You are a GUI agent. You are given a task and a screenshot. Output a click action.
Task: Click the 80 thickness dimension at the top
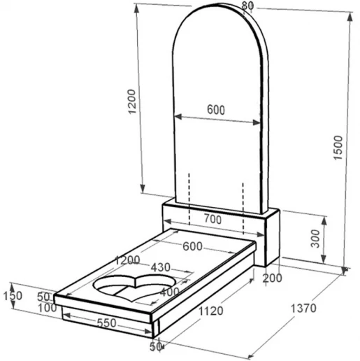[247, 6]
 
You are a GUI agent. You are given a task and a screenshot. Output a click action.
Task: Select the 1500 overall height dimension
[338, 148]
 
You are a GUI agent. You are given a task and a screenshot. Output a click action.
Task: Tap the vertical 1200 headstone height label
[132, 101]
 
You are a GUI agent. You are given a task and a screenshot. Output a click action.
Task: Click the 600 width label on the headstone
[216, 110]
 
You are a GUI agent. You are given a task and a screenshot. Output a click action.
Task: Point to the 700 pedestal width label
[213, 219]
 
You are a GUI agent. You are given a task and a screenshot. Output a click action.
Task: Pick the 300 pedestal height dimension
[315, 239]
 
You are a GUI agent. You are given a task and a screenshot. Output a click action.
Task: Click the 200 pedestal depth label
[272, 278]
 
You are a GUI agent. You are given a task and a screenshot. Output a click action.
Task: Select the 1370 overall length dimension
[303, 309]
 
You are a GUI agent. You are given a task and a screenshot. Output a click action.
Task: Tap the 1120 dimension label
[210, 311]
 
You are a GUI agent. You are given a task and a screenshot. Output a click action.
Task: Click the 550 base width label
[106, 323]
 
